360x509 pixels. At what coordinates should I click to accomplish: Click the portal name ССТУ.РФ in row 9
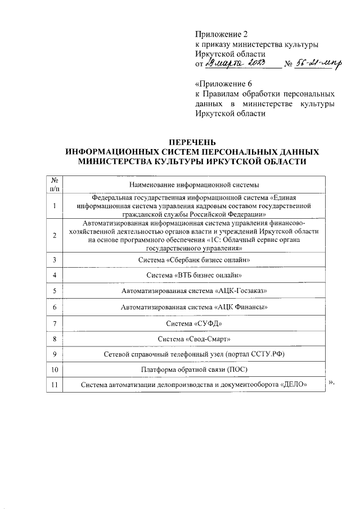click(258, 355)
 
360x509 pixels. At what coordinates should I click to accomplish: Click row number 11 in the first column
click(55, 385)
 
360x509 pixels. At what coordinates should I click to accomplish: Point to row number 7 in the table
click(55, 323)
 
